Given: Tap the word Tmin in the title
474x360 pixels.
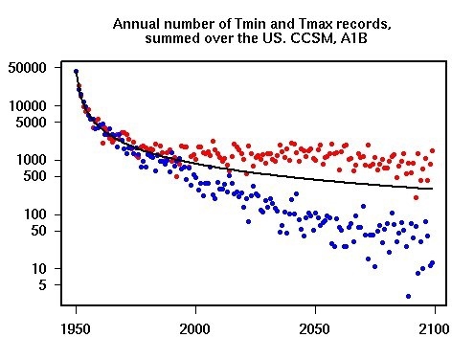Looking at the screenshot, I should [229, 21].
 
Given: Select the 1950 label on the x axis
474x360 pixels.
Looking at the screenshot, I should [76, 329].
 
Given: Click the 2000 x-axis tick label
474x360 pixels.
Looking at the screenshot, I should [195, 329].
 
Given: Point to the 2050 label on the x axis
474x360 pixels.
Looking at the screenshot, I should [315, 329].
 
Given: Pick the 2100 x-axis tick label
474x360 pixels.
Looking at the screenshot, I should [434, 329].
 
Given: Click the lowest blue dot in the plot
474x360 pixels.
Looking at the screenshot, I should [409, 296].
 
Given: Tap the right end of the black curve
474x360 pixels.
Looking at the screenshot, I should [433, 189].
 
